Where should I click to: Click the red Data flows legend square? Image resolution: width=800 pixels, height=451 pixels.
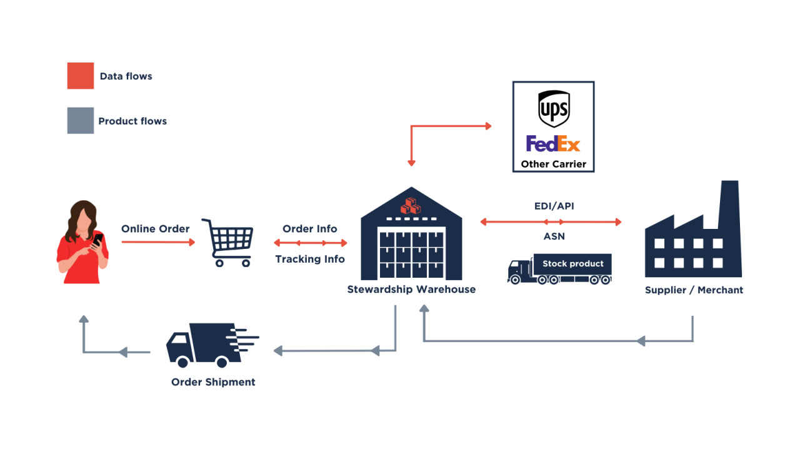[81, 76]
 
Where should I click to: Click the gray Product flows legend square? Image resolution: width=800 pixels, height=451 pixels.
[81, 121]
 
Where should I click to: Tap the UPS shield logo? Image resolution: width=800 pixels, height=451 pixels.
[553, 109]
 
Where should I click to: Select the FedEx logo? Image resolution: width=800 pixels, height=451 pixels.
[553, 144]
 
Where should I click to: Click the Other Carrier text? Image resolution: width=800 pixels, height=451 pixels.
[553, 165]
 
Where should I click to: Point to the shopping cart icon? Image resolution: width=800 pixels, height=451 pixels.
[228, 243]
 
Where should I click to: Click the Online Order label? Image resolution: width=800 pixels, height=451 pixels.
[155, 229]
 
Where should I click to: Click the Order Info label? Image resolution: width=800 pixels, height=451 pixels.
[309, 229]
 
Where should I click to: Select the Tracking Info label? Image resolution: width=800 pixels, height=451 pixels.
[310, 259]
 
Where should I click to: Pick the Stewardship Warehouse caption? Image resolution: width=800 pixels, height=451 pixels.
[411, 290]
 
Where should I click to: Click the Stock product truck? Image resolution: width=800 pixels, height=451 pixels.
[559, 268]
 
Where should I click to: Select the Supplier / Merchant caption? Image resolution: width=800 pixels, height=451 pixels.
[694, 290]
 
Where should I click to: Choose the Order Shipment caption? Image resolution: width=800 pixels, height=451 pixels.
[213, 382]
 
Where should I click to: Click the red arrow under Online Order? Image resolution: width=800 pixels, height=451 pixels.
[158, 241]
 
